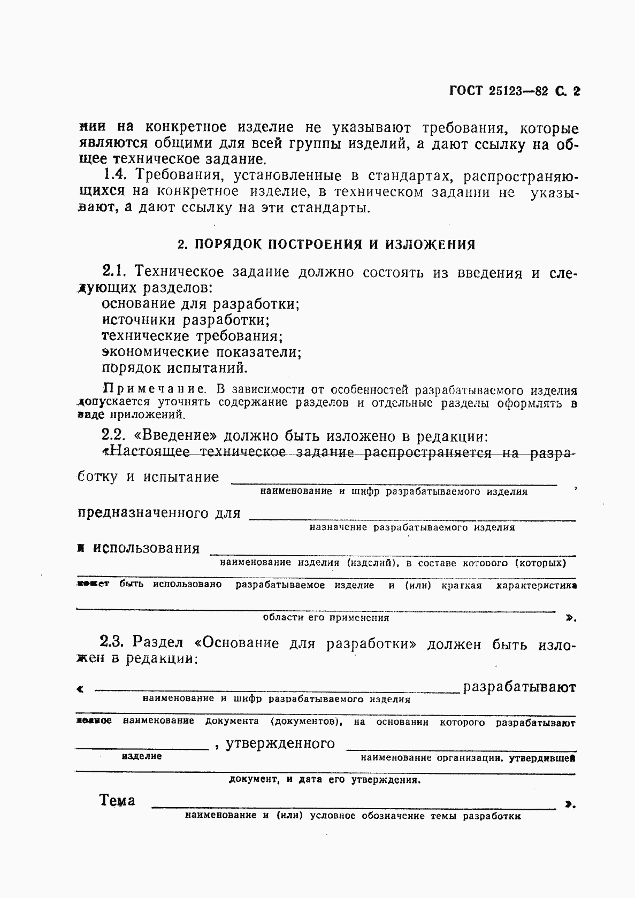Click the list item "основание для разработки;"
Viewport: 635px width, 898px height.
tap(201, 304)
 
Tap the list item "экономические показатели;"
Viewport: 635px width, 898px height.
tap(202, 352)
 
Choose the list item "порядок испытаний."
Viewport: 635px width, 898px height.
tap(175, 368)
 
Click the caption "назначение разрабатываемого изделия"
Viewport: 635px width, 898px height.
tap(412, 527)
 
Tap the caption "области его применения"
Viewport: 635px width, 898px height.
tap(326, 618)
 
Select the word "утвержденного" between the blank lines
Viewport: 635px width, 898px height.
tap(280, 743)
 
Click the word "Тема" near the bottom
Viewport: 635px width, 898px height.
tap(118, 801)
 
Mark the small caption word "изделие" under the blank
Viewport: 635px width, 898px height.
tap(142, 756)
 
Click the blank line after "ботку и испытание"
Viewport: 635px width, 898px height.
tap(393, 483)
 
